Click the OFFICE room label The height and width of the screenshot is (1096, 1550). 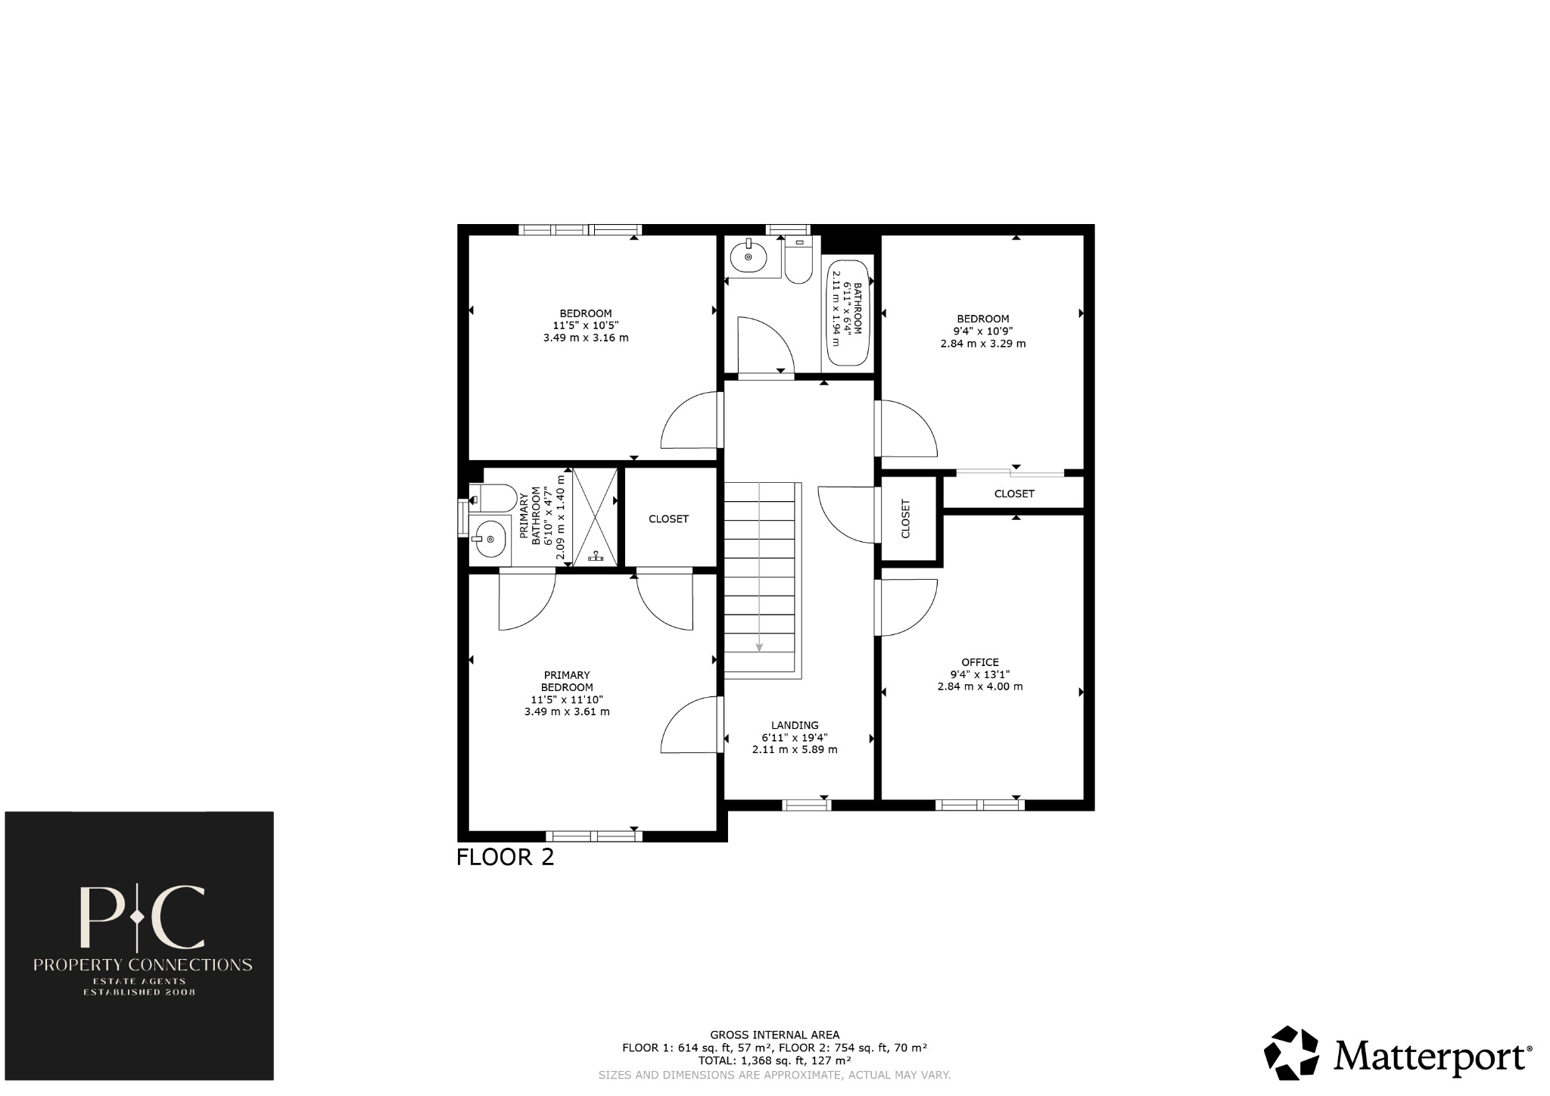pos(980,662)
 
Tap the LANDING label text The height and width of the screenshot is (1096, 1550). pos(795,725)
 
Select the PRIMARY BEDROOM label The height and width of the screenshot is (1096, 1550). pos(567,681)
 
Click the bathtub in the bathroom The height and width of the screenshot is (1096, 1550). pos(848,313)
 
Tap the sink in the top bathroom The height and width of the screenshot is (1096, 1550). pos(749,257)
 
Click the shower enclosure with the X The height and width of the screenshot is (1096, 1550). pos(595,517)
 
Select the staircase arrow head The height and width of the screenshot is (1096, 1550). pos(759,647)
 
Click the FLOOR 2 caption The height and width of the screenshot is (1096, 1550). pos(505,858)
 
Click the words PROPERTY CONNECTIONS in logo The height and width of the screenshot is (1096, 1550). pos(142,965)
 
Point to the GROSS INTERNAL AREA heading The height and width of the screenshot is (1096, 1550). pos(774,1035)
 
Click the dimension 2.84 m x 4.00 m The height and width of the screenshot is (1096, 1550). pos(980,687)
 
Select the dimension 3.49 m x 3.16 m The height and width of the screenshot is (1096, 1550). pos(585,338)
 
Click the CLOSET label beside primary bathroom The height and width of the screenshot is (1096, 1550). pos(668,519)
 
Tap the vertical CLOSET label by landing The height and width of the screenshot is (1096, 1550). pos(906,519)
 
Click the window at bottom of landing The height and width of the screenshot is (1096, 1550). pos(806,805)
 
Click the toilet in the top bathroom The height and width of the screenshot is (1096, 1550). pos(798,261)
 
